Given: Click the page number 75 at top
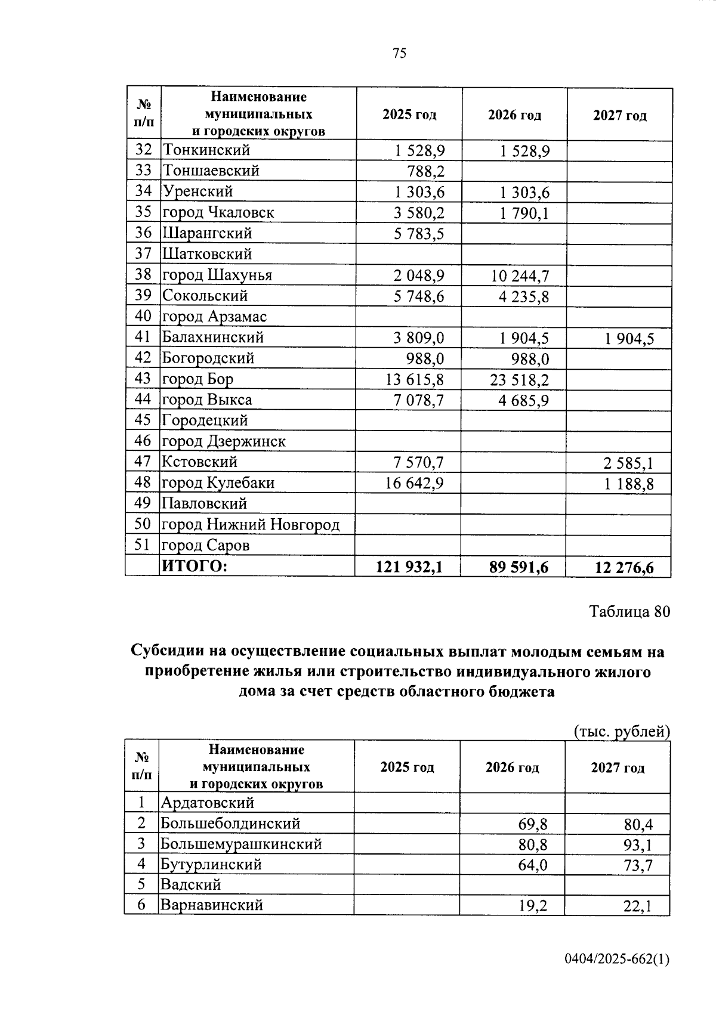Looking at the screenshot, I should point(400,54).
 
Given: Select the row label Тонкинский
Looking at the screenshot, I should point(206,150).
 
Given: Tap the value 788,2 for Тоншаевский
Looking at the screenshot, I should point(425,172).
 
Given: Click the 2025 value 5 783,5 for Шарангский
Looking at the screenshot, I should point(419,234).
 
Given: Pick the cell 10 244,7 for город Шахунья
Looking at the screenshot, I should point(520,276).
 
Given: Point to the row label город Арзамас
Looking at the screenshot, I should point(214,317).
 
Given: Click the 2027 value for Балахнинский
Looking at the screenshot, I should point(629,339).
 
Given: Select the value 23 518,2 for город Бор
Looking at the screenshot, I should point(520,380).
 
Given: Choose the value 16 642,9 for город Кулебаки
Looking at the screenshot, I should point(415,483).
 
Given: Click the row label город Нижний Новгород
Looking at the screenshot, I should point(251,525).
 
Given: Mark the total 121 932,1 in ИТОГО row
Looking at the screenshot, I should point(409,567).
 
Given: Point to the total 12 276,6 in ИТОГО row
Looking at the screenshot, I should point(624,568).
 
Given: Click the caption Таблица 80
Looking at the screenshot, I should point(629,612).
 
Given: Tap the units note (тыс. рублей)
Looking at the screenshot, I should point(621,732).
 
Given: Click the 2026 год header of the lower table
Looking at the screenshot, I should point(512,767).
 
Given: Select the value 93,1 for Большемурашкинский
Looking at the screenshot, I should point(638,845).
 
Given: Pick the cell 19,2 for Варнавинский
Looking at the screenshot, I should point(533,906).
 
